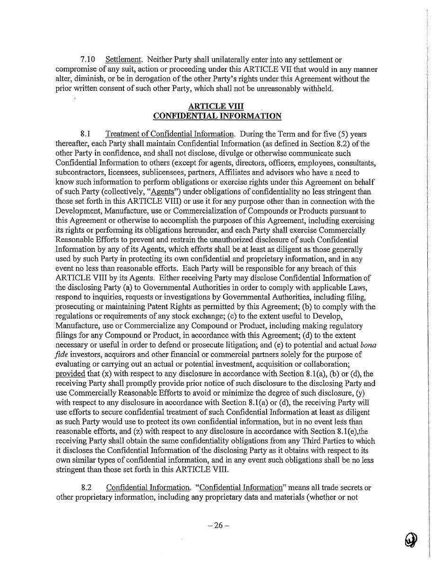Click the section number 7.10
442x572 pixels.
coord(87,60)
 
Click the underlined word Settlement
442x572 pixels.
coord(123,60)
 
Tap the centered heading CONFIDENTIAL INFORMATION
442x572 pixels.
coord(217,116)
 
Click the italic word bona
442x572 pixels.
coord(368,345)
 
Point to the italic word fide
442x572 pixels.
coord(61,355)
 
